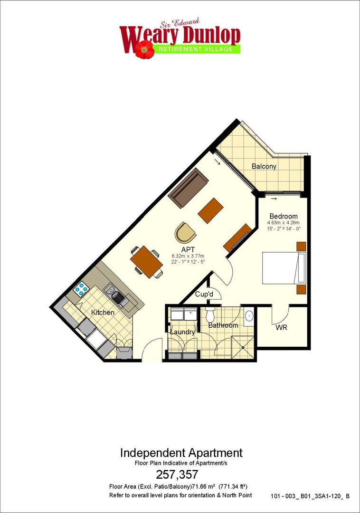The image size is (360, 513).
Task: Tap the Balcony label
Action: pos(264,166)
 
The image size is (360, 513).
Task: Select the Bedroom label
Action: pos(284,216)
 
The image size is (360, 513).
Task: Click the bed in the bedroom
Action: pos(284,267)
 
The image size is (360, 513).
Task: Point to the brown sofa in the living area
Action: pos(188,188)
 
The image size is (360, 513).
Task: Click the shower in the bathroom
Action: pos(242,347)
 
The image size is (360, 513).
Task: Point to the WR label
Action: pos(281,327)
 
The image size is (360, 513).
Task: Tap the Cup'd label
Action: pos(204,294)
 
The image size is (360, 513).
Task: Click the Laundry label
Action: pos(182,332)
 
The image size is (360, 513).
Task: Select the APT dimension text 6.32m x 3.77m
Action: pos(188,256)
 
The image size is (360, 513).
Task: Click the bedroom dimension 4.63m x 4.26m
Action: pos(284,223)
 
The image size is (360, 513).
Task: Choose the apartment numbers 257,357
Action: pos(177,474)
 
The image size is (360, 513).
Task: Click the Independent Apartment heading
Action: pos(181,453)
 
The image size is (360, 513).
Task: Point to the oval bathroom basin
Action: pos(249,316)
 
